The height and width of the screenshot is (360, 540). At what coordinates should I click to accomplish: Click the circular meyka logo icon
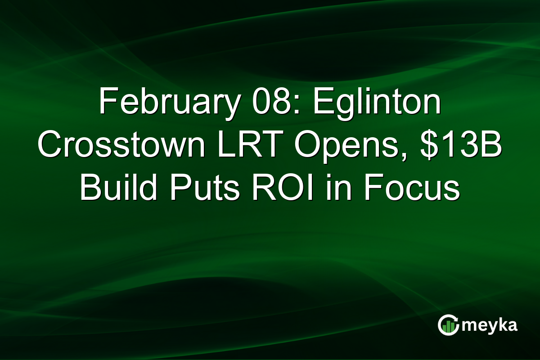448,325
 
